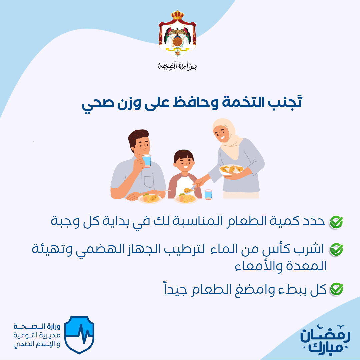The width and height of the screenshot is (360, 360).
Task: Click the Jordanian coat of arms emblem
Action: click(x=177, y=34)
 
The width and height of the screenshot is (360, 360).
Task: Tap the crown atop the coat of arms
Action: click(x=177, y=15)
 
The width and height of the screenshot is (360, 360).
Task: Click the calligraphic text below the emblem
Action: click(x=177, y=66)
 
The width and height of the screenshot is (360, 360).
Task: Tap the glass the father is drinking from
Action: click(x=146, y=160)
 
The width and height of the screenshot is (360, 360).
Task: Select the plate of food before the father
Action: click(x=150, y=198)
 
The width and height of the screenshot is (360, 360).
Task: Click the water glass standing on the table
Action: click(x=208, y=194)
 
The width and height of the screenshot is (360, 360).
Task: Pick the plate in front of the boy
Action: click(x=186, y=199)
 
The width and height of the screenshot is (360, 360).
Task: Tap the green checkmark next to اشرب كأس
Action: click(x=336, y=250)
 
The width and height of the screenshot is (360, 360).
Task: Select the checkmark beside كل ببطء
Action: click(x=336, y=289)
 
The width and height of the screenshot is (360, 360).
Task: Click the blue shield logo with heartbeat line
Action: click(x=79, y=334)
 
